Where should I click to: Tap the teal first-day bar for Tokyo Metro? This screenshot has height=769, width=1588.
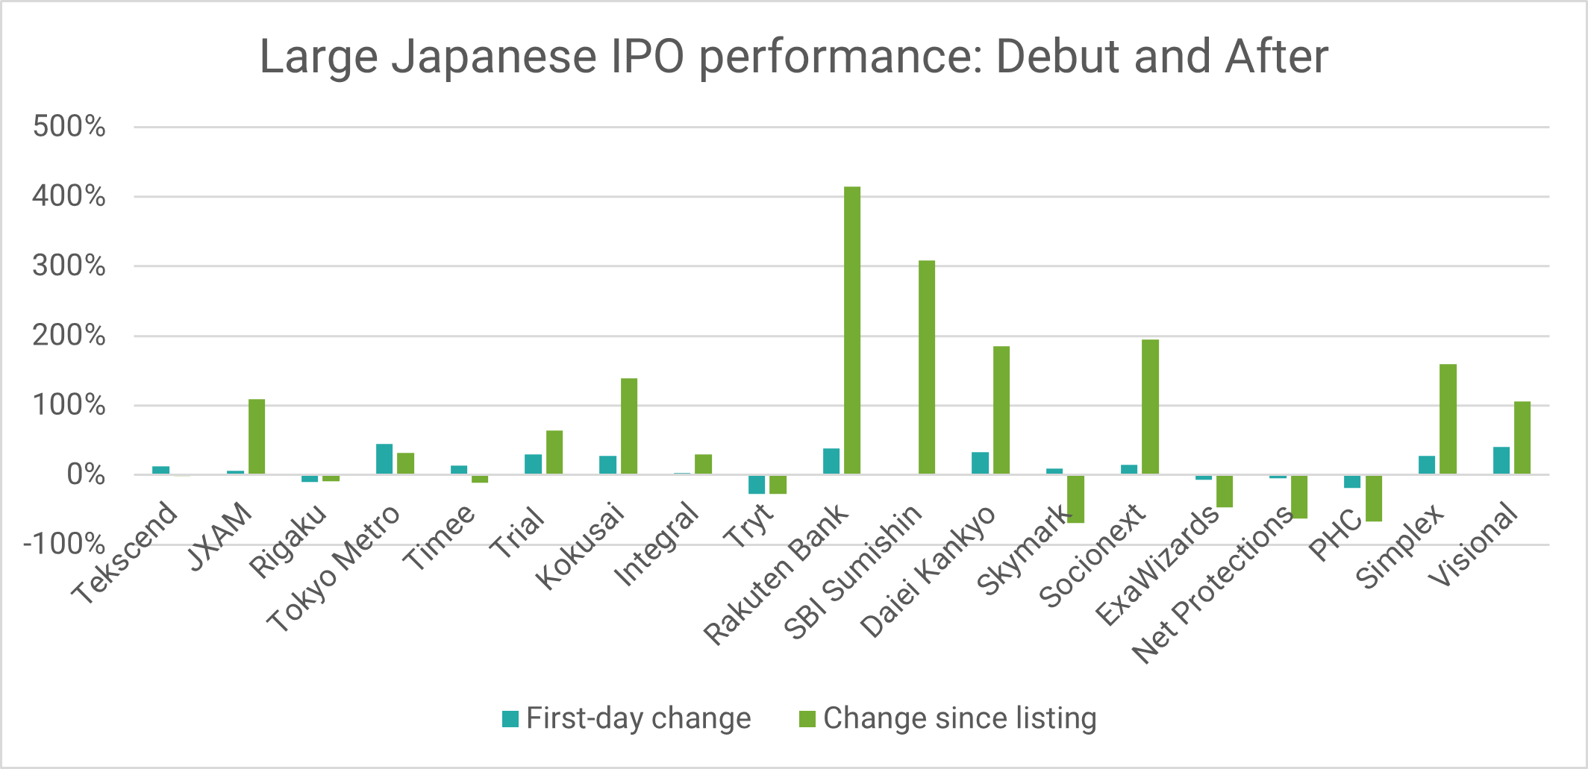tap(384, 459)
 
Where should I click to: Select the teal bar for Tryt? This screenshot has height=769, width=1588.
tap(757, 484)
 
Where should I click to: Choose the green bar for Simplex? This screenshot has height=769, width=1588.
tap(1448, 419)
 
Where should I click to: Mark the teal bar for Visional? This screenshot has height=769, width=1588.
tap(1501, 460)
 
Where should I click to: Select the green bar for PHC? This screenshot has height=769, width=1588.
tap(1374, 498)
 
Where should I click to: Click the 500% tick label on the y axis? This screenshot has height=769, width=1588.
tap(69, 127)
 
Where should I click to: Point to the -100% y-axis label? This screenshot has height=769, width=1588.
tap(64, 544)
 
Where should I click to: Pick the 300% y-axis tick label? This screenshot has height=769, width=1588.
tap(69, 266)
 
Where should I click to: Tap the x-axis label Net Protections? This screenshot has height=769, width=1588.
tap(1213, 586)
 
